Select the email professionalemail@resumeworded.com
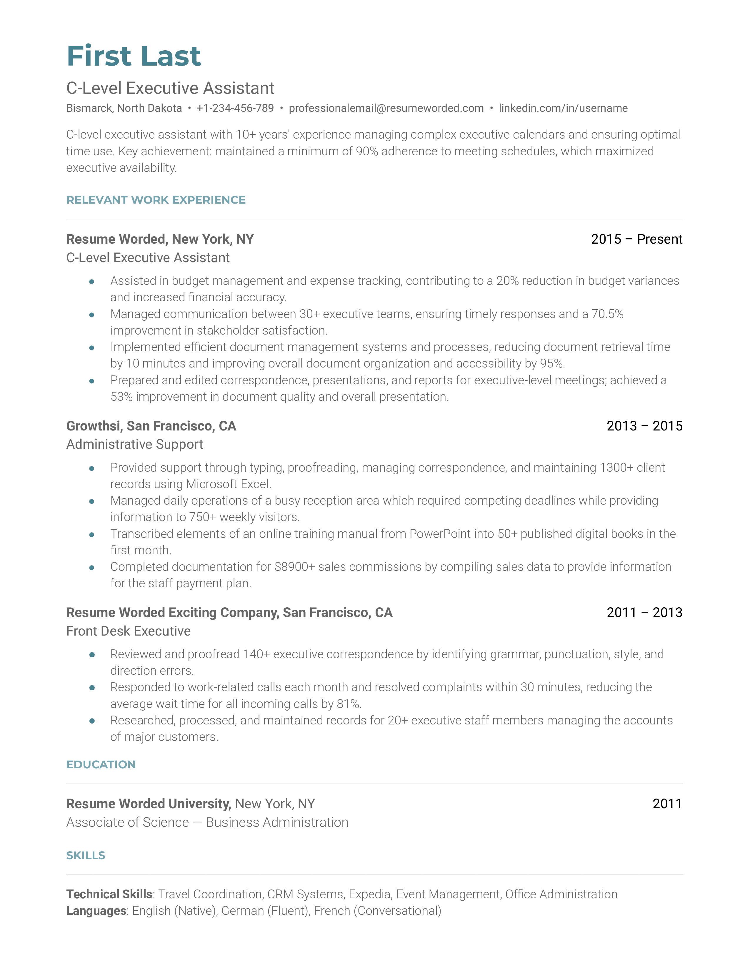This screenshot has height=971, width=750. click(386, 108)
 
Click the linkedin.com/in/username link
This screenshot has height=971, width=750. click(563, 108)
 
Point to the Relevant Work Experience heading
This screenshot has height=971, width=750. click(156, 200)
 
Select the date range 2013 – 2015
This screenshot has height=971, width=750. click(644, 426)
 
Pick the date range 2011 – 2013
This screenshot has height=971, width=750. click(644, 613)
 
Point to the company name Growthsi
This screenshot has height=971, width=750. click(93, 426)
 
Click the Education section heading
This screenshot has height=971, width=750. click(101, 765)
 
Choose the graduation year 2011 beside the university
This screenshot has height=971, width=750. click(667, 804)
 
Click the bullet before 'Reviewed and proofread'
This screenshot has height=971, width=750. click(92, 655)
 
